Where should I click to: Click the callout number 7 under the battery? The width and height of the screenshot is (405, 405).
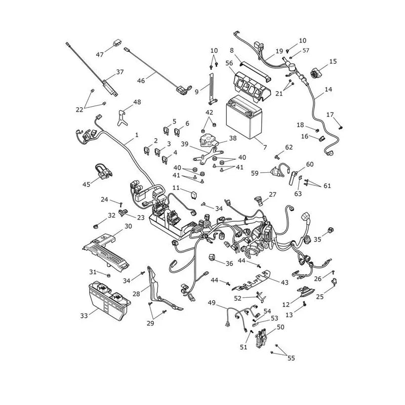pyautogui.click(x=265, y=147)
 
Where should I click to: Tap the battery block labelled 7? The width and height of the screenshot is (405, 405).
pyautogui.click(x=244, y=117)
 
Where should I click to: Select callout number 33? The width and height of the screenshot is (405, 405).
pyautogui.click(x=84, y=315)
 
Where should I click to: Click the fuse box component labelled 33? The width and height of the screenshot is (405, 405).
pyautogui.click(x=109, y=300)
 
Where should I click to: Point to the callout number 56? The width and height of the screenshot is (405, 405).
pyautogui.click(x=229, y=63)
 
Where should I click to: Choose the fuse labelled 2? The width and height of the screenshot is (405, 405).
pyautogui.click(x=147, y=150)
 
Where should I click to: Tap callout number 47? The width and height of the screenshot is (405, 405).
pyautogui.click(x=100, y=55)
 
